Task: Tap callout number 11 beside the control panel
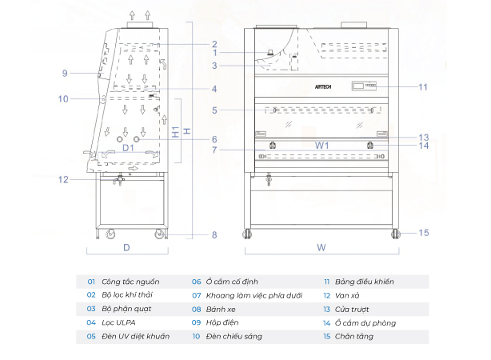(423, 86)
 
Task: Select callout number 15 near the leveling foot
(424, 233)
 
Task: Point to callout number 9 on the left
(65, 74)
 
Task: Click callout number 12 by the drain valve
(65, 179)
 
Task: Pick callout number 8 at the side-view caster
(214, 234)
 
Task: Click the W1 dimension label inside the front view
(321, 146)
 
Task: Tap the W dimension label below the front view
(321, 247)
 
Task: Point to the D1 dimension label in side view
(127, 147)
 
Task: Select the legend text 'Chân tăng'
(356, 336)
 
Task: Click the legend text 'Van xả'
(349, 295)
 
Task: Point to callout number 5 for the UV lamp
(215, 110)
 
